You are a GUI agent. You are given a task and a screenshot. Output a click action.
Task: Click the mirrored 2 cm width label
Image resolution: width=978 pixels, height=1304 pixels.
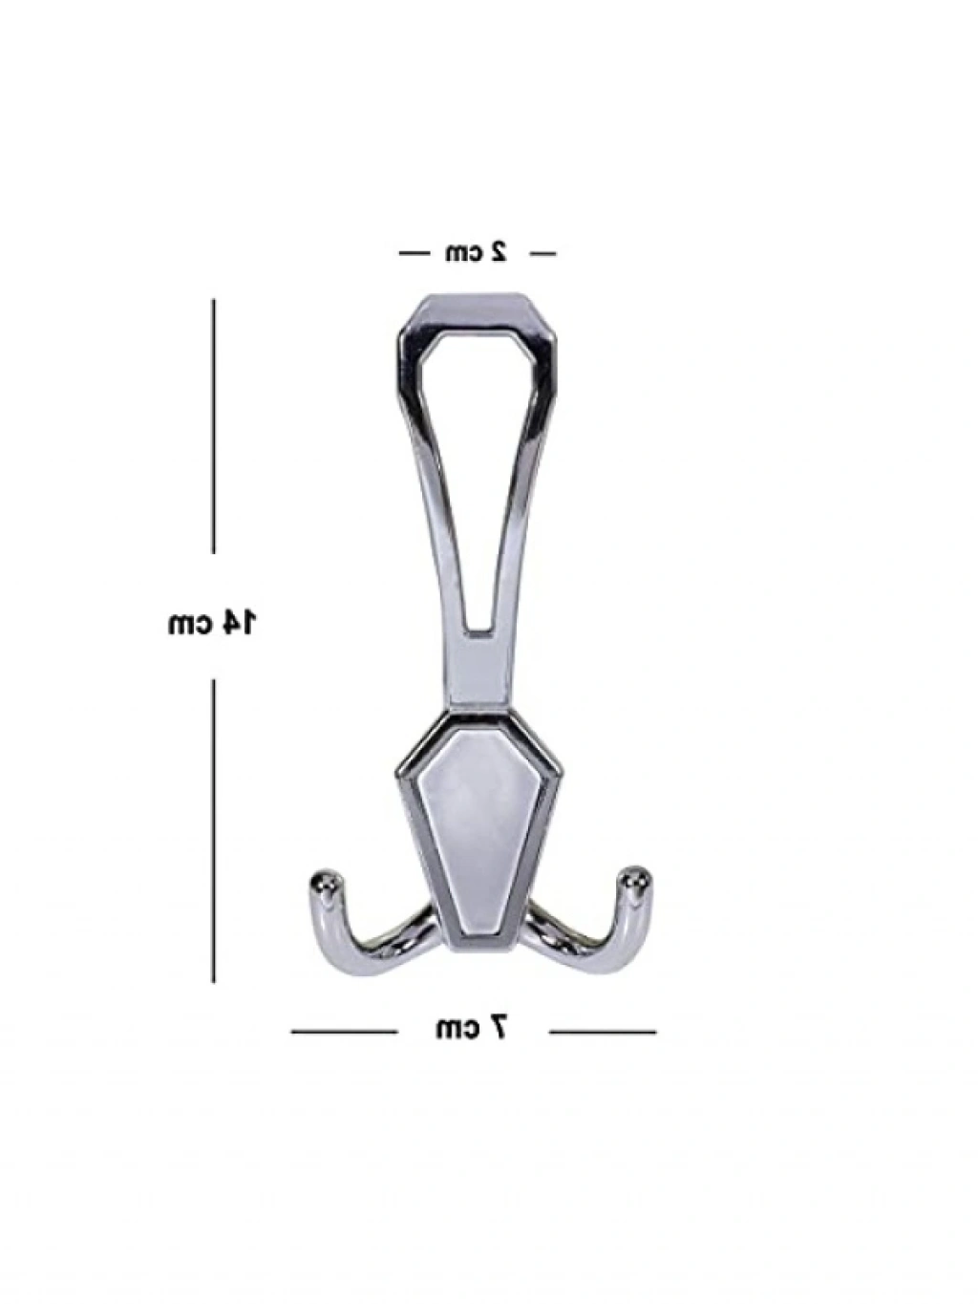point(477,252)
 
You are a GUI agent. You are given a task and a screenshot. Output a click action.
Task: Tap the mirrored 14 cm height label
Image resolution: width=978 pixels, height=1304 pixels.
point(211,622)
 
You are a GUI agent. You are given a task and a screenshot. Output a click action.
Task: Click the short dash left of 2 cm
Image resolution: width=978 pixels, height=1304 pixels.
point(414,254)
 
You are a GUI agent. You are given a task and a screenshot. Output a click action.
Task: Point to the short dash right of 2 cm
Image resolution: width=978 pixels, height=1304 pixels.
point(542,254)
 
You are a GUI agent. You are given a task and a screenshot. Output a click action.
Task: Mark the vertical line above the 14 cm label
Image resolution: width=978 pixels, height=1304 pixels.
point(214,426)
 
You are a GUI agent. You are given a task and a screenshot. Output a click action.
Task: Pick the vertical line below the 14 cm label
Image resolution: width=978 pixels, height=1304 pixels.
point(214,831)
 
